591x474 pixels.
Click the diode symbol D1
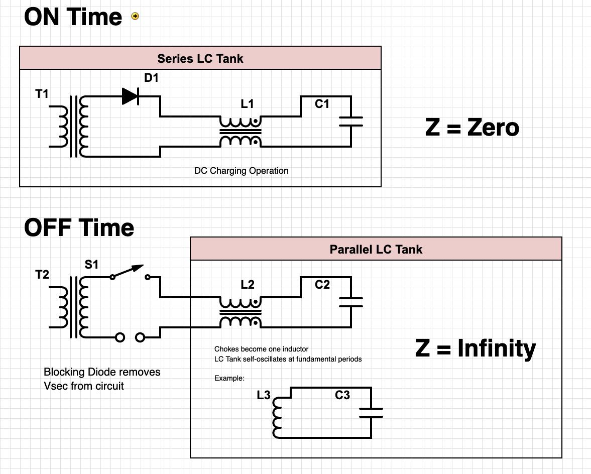tap(131, 96)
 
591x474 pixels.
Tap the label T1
tap(42, 94)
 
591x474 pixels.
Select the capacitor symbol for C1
tap(351, 122)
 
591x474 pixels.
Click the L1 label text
tap(247, 104)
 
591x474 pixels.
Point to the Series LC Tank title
tap(200, 59)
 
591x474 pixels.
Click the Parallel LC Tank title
tap(376, 250)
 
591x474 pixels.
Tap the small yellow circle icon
tap(135, 16)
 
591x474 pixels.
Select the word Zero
tap(493, 128)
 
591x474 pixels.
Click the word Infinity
tap(497, 348)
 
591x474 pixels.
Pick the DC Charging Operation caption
tap(241, 171)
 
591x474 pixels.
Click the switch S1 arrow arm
tap(128, 271)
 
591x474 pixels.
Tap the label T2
tap(42, 275)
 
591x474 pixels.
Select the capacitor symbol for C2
tap(351, 302)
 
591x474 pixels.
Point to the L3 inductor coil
tap(277, 417)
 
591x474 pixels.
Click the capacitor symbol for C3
tap(371, 413)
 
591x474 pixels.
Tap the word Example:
tap(229, 378)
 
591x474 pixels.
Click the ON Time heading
tap(73, 17)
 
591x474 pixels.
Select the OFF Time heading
tap(79, 227)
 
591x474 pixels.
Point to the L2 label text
tap(247, 285)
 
